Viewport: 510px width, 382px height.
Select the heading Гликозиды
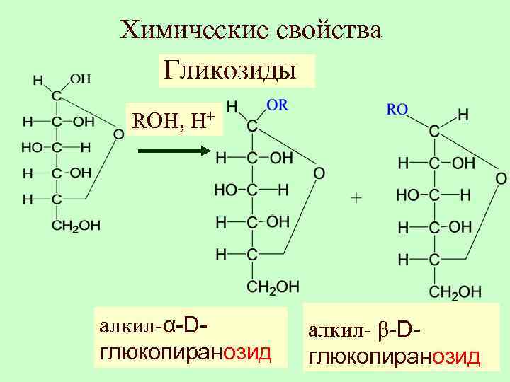pyautogui.click(x=230, y=70)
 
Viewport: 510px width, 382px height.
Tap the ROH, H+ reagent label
pyautogui.click(x=174, y=121)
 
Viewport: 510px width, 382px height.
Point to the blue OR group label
pyautogui.click(x=276, y=104)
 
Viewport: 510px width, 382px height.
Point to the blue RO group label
pyautogui.click(x=397, y=110)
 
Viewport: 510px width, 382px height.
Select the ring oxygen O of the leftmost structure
pyautogui.click(x=118, y=134)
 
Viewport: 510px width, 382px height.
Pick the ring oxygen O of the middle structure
pyautogui.click(x=319, y=173)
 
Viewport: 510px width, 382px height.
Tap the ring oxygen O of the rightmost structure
pyautogui.click(x=500, y=178)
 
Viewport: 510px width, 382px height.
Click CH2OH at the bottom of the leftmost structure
pyautogui.click(x=76, y=226)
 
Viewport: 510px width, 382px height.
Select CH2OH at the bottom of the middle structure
pyautogui.click(x=273, y=286)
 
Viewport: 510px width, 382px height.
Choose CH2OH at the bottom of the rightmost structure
pyautogui.click(x=455, y=291)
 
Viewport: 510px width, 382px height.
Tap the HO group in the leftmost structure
pyautogui.click(x=32, y=147)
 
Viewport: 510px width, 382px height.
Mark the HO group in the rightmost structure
pyautogui.click(x=407, y=194)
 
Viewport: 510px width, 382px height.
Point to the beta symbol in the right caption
pyautogui.click(x=380, y=330)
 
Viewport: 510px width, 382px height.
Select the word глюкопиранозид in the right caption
pyautogui.click(x=394, y=357)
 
